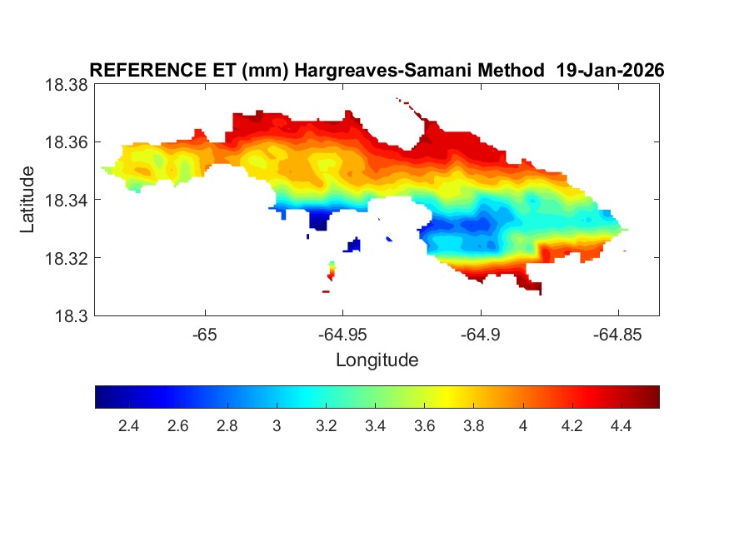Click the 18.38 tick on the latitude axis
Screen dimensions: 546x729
click(x=65, y=85)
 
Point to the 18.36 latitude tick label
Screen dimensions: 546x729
click(x=65, y=142)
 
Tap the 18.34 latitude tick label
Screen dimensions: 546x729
click(x=65, y=200)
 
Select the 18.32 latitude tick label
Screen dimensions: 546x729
click(x=65, y=258)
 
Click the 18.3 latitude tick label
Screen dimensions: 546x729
click(x=70, y=315)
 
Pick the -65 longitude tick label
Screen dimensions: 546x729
click(x=204, y=335)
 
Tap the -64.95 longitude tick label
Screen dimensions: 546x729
click(x=342, y=335)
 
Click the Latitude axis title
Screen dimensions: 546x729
click(x=27, y=200)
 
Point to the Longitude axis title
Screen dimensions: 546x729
click(x=377, y=360)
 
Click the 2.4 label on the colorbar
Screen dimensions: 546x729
click(x=128, y=426)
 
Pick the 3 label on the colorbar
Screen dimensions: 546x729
click(x=277, y=426)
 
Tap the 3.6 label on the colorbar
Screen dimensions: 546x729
click(x=425, y=426)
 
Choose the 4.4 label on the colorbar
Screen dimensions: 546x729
click(x=622, y=426)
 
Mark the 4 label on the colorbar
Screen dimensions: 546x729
click(x=523, y=426)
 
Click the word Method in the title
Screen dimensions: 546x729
click(x=507, y=71)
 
